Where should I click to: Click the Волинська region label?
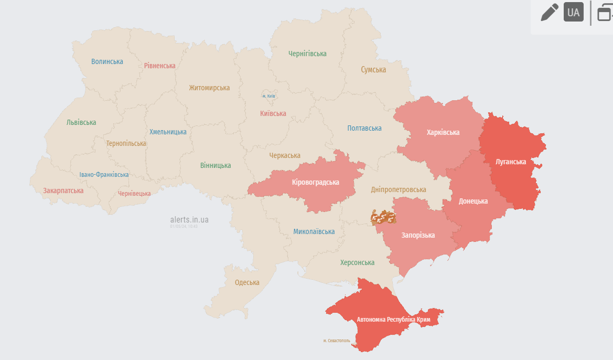tap(107, 61)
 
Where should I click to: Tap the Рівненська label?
tap(160, 66)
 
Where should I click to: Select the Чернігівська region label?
tap(307, 54)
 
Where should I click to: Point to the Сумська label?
tap(373, 69)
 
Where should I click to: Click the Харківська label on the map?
tap(443, 132)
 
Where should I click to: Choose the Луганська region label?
tap(511, 162)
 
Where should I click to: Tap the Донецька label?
tap(473, 201)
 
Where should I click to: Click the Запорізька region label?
tap(418, 235)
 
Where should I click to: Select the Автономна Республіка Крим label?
tap(393, 319)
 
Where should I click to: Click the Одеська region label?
tap(247, 282)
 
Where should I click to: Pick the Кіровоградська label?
tap(316, 182)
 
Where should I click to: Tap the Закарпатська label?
tap(63, 190)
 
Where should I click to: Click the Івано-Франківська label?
tap(104, 175)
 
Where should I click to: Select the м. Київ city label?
tap(268, 96)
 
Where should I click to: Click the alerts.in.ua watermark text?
tap(189, 219)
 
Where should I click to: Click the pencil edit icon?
tap(550, 12)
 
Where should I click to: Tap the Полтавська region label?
tap(364, 128)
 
